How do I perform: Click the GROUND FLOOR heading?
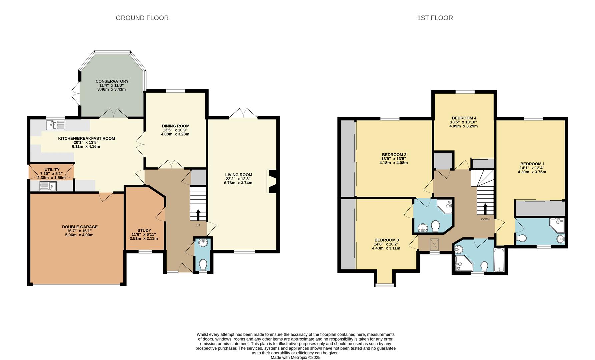[142, 18]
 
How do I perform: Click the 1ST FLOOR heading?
[435, 18]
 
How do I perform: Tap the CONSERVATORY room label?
[112, 81]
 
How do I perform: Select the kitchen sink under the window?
[56, 125]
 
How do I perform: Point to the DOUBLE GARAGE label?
[80, 227]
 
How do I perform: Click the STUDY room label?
[144, 230]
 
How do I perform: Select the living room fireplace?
[272, 181]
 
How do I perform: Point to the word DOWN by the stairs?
[485, 219]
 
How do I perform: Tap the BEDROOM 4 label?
[464, 118]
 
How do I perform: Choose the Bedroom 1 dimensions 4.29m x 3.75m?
[532, 172]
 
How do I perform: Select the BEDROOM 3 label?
[386, 240]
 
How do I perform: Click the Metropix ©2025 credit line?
[295, 357]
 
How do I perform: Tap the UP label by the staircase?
[198, 225]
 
